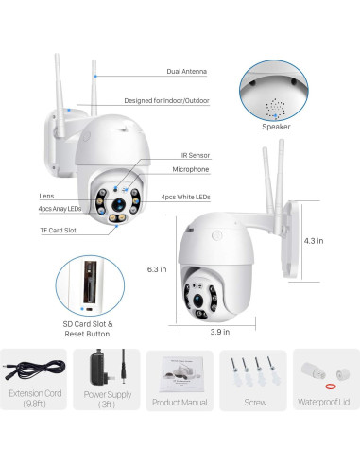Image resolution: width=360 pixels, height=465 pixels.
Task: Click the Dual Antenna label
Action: [187, 72]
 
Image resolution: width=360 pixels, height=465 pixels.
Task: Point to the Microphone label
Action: [190, 169]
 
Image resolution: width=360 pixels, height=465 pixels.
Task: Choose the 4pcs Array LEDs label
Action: [60, 208]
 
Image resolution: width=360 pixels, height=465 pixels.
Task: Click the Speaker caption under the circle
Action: [277, 126]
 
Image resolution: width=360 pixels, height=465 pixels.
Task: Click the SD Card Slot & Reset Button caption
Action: [88, 329]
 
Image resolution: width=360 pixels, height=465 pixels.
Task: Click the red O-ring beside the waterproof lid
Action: [331, 386]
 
